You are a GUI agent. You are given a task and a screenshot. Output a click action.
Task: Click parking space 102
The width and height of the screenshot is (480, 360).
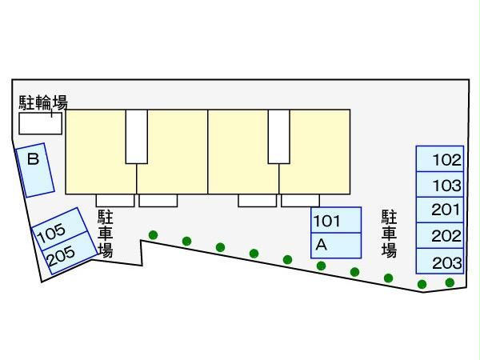tap(439, 158)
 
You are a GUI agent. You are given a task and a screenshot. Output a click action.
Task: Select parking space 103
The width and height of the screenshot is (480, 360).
tap(439, 184)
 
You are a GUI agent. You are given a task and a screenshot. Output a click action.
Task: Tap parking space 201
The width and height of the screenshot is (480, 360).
tap(439, 210)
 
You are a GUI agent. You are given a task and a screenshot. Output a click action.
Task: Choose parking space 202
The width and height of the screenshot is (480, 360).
tap(439, 235)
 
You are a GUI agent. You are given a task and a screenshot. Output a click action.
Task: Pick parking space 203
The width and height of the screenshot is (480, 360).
tap(439, 261)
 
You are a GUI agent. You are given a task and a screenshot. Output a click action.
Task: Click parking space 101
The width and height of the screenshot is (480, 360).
tap(336, 220)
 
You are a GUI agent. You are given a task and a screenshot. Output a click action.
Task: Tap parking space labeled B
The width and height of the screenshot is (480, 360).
tap(35, 170)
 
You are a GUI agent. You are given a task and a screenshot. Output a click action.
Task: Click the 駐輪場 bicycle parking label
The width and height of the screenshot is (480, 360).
tap(43, 102)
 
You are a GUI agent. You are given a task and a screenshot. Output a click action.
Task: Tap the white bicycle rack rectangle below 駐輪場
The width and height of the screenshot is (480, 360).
tap(41, 122)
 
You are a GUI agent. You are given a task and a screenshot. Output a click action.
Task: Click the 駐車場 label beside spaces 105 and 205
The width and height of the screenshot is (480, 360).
tap(105, 233)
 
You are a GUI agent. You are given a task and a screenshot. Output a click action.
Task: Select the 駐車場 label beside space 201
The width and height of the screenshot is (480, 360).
tap(390, 233)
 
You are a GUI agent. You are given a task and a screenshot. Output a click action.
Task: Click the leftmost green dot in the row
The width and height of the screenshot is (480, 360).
tap(153, 235)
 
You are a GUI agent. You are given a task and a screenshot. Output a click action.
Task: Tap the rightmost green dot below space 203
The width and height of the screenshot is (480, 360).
tap(450, 282)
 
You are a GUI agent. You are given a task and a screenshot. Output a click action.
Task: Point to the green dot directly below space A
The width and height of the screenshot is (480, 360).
tap(321, 266)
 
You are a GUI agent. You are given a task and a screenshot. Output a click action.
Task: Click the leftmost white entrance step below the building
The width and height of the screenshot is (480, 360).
tap(114, 200)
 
